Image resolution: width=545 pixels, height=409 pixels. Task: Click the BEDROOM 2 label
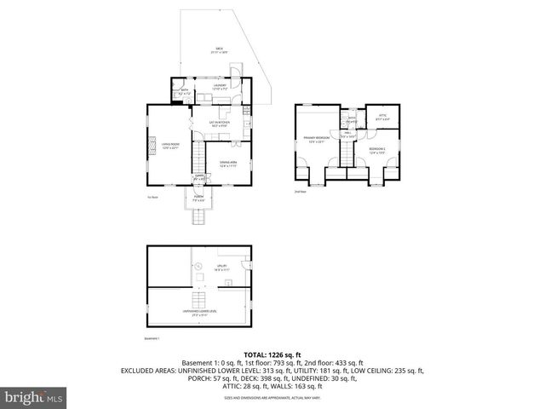tap(377, 150)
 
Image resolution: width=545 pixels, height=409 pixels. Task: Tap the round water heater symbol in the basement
tap(198, 266)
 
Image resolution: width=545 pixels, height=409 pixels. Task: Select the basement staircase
tap(198, 299)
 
